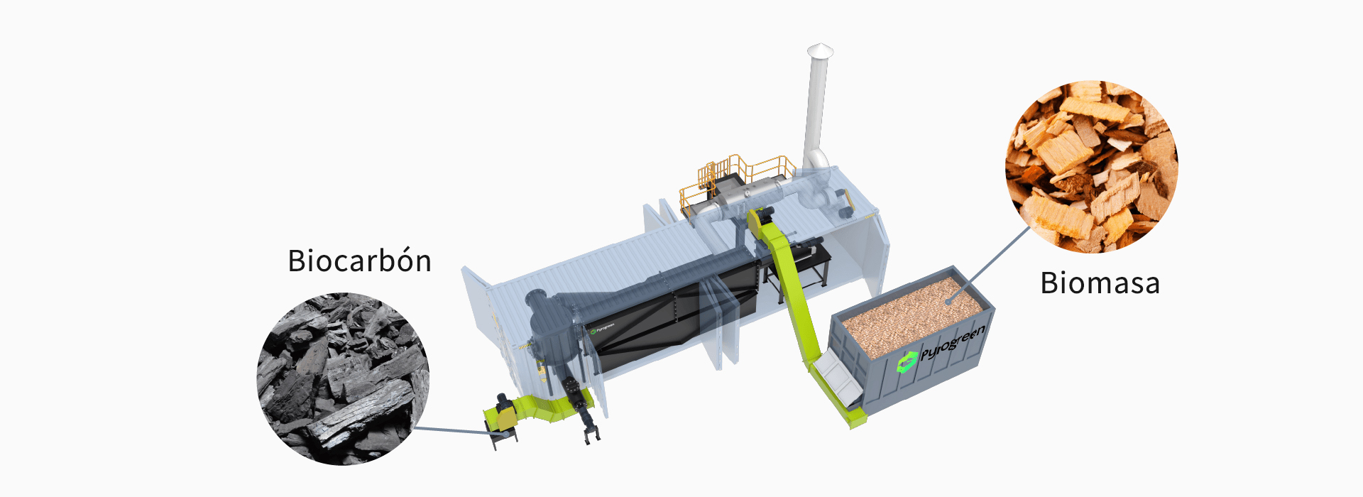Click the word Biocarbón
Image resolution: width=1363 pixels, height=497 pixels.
tap(359, 261)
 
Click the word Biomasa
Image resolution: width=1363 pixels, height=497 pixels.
tap(1100, 283)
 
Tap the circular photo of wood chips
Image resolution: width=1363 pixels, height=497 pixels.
tap(1091, 166)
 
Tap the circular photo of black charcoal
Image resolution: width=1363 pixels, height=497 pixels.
tap(343, 379)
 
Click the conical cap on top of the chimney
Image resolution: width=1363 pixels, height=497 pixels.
tap(820, 50)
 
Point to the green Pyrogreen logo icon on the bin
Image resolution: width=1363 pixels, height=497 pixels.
tap(907, 362)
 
